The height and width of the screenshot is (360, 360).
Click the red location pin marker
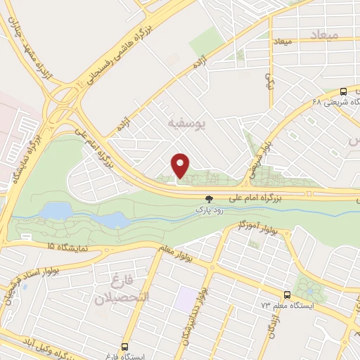point(181,165)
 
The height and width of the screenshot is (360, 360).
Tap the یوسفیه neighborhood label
point(186,124)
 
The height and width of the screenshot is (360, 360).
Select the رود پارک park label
point(209,210)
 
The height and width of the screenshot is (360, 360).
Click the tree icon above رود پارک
point(209,199)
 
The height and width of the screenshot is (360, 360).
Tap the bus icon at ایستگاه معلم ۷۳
point(285,295)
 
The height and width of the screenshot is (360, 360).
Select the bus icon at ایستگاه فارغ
point(124,347)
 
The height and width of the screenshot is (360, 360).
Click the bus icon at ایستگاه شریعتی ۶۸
point(343,91)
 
